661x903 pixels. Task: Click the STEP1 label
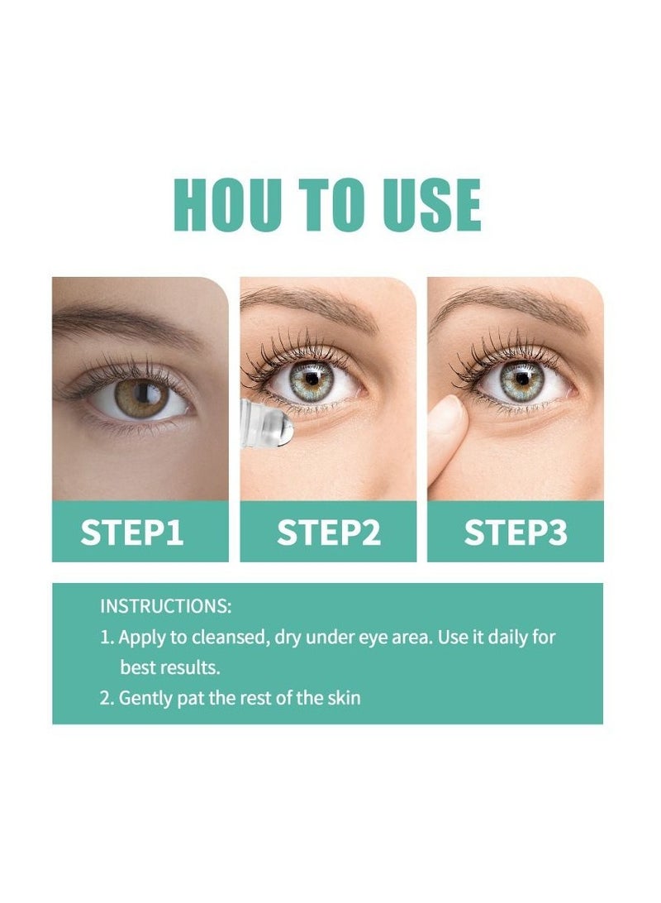pos(131,533)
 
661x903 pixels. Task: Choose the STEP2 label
pos(328,533)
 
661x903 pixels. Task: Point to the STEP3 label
pos(515,533)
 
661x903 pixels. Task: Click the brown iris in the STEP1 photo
pos(140,397)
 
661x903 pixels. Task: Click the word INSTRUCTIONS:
pos(166,606)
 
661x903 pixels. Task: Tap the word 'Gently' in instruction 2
pos(146,698)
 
